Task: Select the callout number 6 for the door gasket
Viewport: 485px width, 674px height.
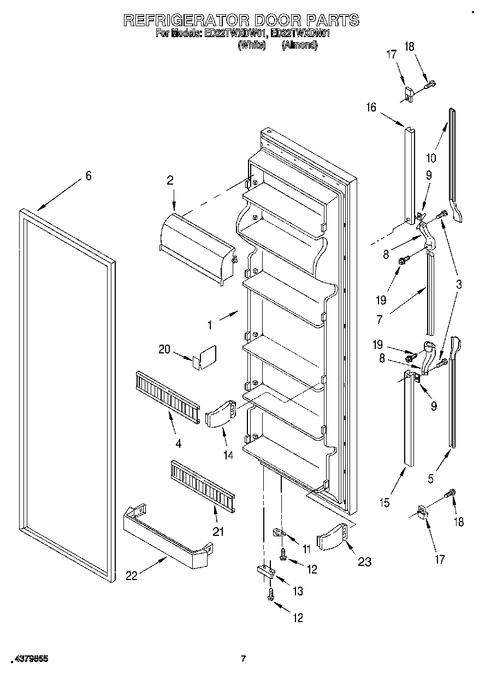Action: [x=88, y=176]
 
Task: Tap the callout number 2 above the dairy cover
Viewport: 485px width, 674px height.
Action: [x=170, y=180]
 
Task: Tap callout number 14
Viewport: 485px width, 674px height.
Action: [x=228, y=454]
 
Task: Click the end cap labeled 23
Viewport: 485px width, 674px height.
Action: [x=334, y=537]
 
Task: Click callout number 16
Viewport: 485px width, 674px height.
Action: [x=371, y=108]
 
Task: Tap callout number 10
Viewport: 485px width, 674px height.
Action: [x=431, y=158]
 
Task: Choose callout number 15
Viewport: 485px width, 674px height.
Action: [x=385, y=503]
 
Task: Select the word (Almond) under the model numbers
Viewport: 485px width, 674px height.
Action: [x=299, y=46]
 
